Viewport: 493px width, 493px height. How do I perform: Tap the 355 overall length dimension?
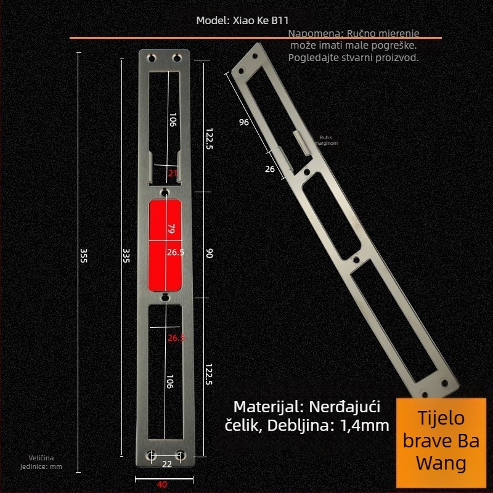coord(84,255)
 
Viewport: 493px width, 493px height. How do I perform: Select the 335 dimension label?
coord(126,255)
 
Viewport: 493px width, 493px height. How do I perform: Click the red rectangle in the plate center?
coord(166,245)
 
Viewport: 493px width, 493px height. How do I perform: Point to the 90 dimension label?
coord(209,253)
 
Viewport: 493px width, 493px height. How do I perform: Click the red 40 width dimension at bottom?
coord(161,484)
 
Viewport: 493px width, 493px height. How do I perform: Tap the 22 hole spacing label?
coord(166,464)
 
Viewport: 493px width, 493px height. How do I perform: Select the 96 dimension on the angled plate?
coord(244,122)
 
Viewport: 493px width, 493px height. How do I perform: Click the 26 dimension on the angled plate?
coord(269,169)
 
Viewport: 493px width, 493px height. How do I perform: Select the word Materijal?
coord(266,407)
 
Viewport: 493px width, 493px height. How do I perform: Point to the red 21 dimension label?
coord(173,173)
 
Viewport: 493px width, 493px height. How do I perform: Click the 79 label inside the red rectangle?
coord(172,229)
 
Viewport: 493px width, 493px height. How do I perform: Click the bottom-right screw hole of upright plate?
coord(180,455)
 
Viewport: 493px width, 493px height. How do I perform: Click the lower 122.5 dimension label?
coord(209,374)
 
